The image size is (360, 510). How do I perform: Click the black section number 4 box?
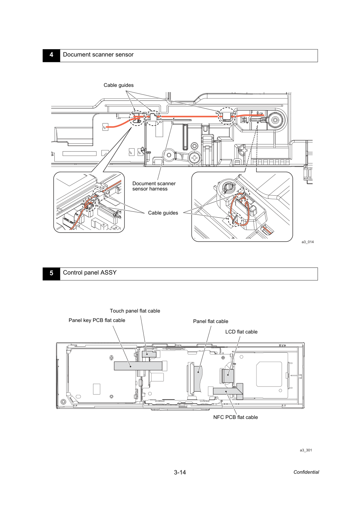coord(51,55)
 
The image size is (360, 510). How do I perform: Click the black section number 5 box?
coord(51,274)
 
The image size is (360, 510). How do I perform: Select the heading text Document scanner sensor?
coord(98,55)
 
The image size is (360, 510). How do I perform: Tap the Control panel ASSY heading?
coord(90,272)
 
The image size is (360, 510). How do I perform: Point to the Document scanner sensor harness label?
coord(154,186)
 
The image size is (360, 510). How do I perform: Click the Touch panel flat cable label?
coord(135,311)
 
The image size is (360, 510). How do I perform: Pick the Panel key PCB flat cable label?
coord(97,320)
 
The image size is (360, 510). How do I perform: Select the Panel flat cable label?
coord(210,321)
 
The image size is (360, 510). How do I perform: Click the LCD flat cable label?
coord(241,332)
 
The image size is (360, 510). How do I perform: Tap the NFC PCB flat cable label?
coord(236,417)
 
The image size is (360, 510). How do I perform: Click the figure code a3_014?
coord(307,242)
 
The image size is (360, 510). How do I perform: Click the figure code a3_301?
coord(306,450)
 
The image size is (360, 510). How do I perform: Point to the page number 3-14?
coord(180,472)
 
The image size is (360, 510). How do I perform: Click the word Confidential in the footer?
coord(306,472)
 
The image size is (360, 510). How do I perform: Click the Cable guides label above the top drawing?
coord(118,85)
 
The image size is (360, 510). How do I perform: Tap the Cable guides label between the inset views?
coord(163,213)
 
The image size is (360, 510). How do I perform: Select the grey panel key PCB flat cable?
coord(138,366)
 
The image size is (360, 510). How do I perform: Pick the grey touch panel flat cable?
coord(149,354)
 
